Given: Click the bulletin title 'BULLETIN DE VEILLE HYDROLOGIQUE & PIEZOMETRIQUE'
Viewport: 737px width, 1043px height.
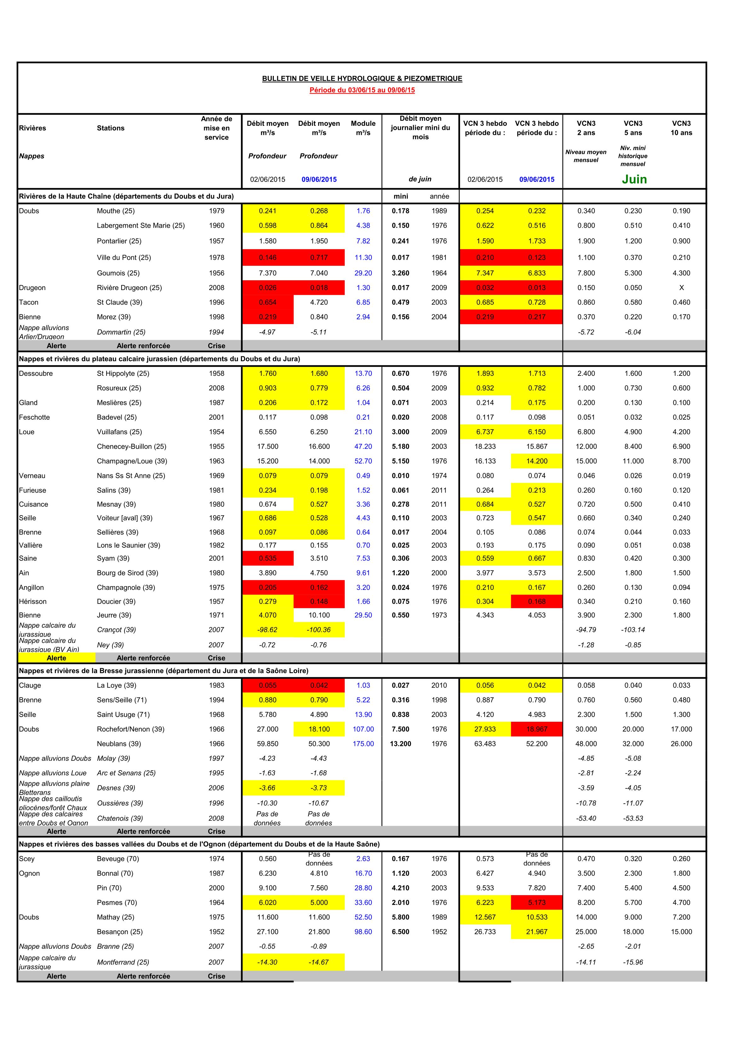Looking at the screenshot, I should (x=362, y=79).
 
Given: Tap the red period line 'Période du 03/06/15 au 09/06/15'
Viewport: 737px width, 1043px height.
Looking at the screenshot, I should (x=362, y=90).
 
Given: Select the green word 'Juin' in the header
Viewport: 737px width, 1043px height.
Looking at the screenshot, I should (x=634, y=179).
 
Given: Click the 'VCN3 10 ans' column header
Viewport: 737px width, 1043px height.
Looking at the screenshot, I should (x=681, y=128).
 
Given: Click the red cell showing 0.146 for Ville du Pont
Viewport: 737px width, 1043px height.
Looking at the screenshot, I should (x=268, y=258).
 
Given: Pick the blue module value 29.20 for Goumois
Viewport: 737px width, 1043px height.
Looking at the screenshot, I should (x=363, y=273).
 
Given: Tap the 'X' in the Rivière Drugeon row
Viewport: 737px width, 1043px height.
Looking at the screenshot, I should (x=681, y=288).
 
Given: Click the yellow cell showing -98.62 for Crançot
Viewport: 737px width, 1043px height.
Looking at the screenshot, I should (x=268, y=630).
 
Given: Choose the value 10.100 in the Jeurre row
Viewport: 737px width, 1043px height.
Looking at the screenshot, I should (x=319, y=615).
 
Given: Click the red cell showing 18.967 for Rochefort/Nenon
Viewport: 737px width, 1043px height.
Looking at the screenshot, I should (x=536, y=729).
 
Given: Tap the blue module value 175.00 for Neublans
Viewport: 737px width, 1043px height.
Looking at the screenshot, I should (x=363, y=744).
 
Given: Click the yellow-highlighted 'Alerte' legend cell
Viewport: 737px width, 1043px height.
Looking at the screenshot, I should (x=56, y=658).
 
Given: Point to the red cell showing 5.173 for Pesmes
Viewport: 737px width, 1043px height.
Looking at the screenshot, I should (x=536, y=903).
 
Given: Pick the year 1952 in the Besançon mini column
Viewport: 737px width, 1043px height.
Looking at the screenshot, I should (x=439, y=932).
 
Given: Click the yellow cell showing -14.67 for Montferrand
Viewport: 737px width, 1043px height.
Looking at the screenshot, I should (x=319, y=962).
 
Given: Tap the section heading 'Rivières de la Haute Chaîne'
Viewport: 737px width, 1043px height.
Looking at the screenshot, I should (x=126, y=196).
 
